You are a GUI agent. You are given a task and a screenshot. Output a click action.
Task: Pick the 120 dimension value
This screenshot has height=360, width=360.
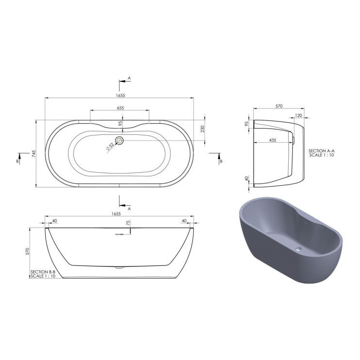pos(298,115)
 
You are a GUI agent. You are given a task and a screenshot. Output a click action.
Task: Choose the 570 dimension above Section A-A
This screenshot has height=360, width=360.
pos(279,106)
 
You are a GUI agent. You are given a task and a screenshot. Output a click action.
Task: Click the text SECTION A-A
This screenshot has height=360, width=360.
pos(322,151)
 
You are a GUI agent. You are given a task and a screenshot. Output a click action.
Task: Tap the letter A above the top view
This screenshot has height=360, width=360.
pos(129,78)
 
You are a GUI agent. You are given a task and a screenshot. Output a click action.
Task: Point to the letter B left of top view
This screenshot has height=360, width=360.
pos(17,161)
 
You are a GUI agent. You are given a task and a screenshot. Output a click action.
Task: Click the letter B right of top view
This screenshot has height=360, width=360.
pos(221,161)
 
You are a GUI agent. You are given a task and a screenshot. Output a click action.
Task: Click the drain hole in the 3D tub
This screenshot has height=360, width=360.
pos(298,250)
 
